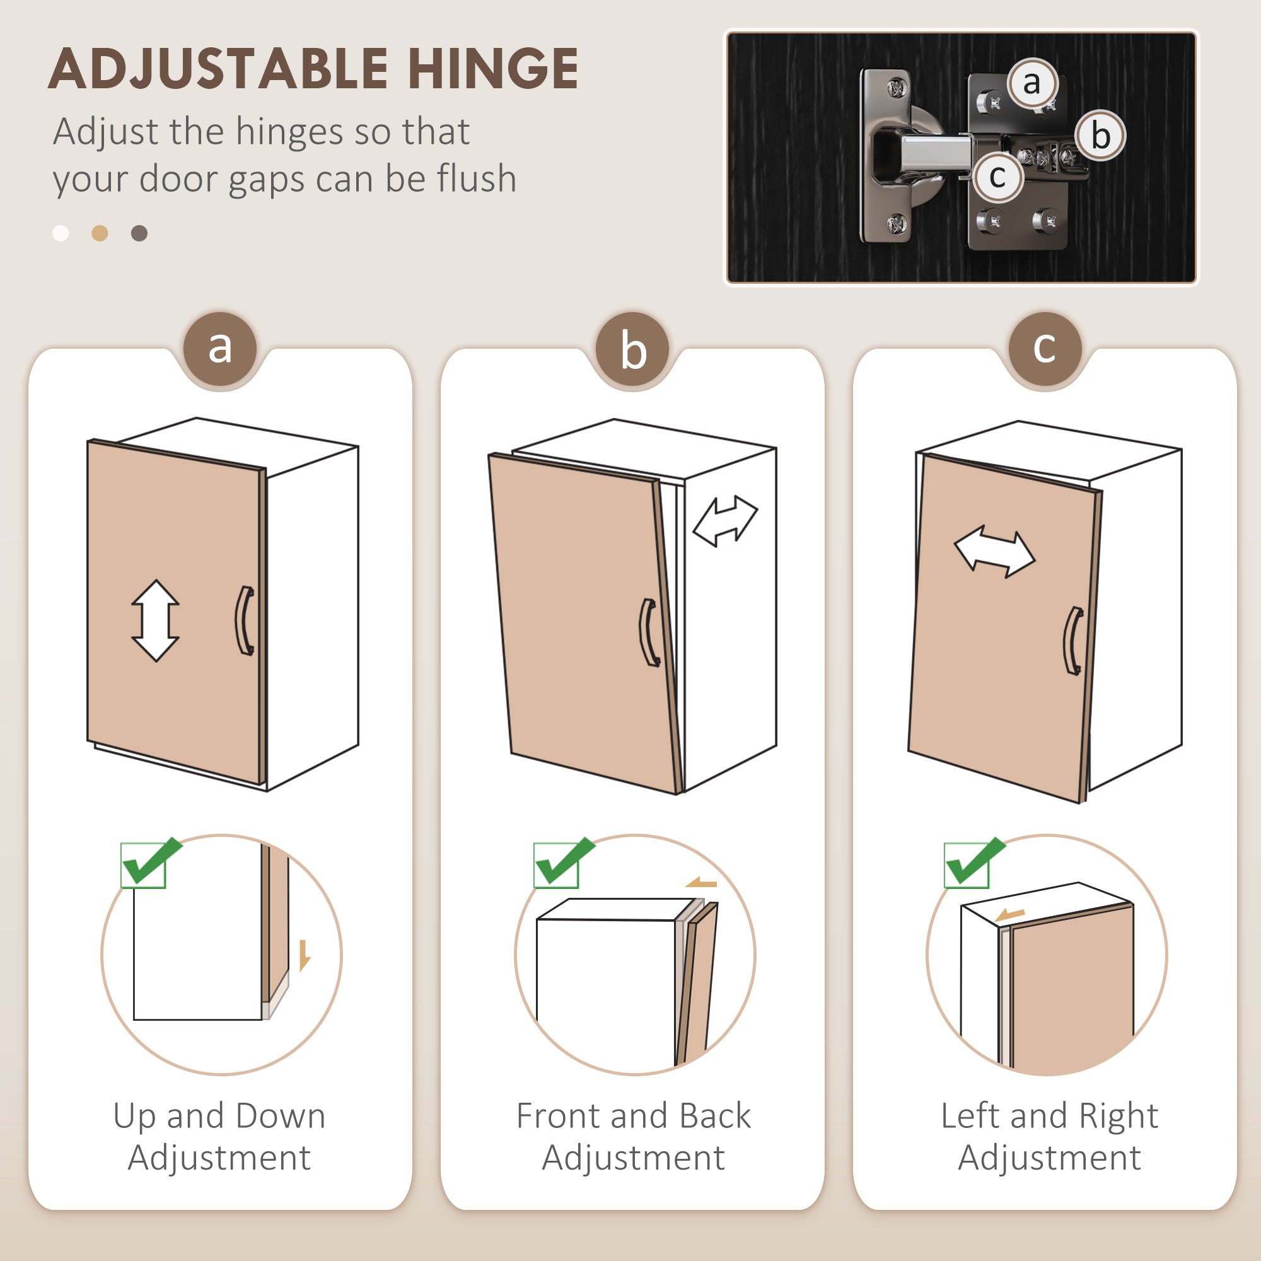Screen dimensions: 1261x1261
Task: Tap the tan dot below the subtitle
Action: point(100,233)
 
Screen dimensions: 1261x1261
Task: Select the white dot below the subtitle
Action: point(61,233)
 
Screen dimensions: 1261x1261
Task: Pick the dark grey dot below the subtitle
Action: point(139,233)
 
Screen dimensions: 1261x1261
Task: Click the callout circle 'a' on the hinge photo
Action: point(1032,83)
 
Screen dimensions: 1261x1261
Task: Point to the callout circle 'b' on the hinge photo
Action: point(1101,136)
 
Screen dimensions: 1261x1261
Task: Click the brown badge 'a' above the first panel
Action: point(220,349)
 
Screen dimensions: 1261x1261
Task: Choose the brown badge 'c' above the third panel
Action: point(1045,349)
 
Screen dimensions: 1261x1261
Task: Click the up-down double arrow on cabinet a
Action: point(155,620)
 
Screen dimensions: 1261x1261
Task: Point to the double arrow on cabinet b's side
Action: point(725,521)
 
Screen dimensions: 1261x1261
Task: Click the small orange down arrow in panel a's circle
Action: point(304,956)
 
